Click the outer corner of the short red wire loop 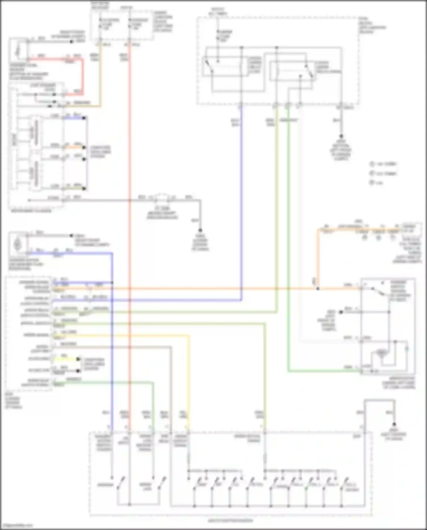[83, 59]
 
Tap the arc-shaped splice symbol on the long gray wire [162, 196]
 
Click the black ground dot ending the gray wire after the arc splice [200, 230]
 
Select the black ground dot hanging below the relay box [341, 136]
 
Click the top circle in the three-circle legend [372, 164]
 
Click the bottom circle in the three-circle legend [372, 183]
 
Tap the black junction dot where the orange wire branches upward [318, 288]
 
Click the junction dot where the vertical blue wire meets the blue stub [112, 283]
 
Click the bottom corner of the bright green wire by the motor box [288, 371]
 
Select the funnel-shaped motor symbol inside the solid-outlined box [381, 353]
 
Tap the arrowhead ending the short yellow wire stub [79, 359]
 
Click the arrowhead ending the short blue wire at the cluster [84, 117]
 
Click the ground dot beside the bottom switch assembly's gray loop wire [394, 424]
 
